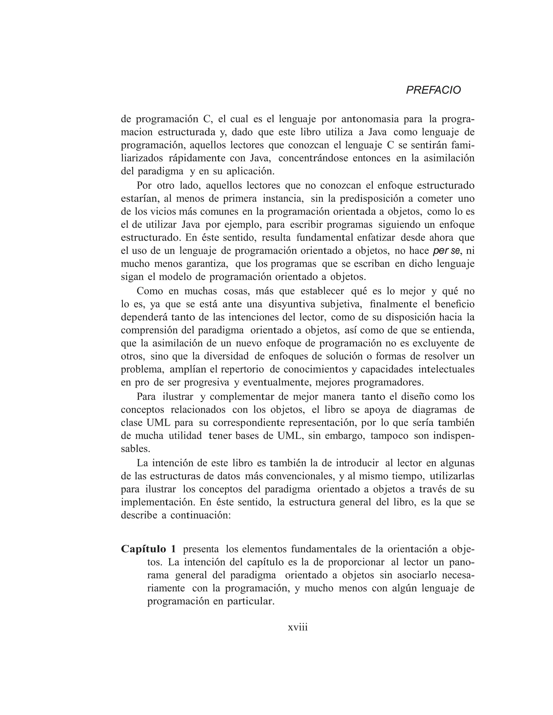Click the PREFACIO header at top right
(433, 90)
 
